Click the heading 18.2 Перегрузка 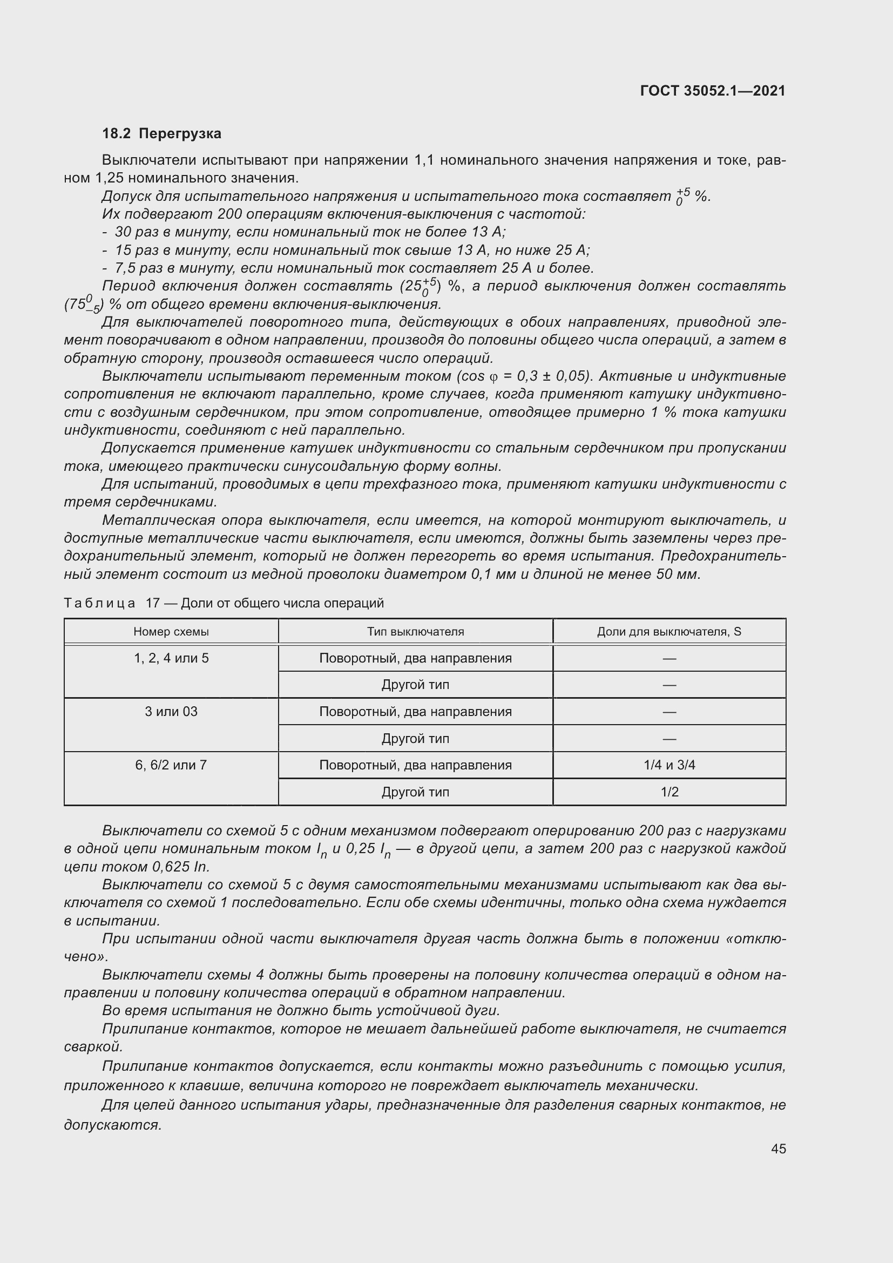(161, 134)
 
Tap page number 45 (778, 1149)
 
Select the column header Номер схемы (171, 632)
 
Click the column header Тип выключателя (415, 632)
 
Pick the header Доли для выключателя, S (668, 632)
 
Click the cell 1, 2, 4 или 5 (171, 658)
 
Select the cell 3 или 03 (171, 712)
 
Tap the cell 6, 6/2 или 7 (171, 765)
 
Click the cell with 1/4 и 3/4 (668, 765)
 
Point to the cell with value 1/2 (668, 792)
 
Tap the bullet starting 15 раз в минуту (352, 251)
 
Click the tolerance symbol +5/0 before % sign (682, 197)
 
